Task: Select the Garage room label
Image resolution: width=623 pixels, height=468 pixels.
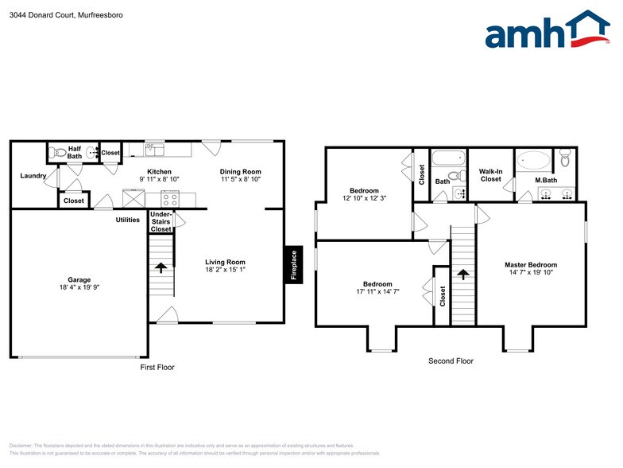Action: (79, 279)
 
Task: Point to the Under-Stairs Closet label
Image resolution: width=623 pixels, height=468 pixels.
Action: (161, 222)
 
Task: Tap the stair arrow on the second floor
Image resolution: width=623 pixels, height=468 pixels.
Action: (462, 275)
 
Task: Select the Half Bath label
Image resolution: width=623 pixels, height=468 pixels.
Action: (75, 152)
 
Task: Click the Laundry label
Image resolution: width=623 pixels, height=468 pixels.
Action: (33, 176)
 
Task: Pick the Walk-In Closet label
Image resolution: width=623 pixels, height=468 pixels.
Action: (490, 175)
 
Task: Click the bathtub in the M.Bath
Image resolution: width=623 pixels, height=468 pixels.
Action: (533, 161)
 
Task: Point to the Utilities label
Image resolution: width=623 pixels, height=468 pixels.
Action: (128, 220)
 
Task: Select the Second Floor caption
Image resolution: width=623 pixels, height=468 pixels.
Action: (451, 361)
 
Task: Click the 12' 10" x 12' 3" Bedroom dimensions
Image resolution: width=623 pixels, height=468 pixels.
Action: (364, 199)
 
